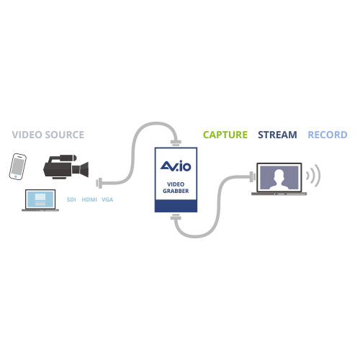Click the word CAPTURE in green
(225, 135)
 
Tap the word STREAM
(277, 135)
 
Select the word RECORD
(328, 135)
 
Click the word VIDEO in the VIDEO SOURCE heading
(27, 135)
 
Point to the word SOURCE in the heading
(65, 135)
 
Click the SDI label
(71, 199)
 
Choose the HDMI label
(89, 199)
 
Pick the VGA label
(107, 199)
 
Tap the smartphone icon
(18, 166)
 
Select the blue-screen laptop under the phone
(40, 200)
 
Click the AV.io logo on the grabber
(176, 166)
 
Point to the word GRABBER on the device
(176, 191)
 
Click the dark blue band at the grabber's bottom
(176, 206)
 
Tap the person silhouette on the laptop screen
(279, 179)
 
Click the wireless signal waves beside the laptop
(313, 176)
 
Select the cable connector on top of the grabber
(176, 143)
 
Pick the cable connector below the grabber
(176, 218)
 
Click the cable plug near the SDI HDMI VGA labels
(99, 184)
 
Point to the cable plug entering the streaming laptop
(253, 177)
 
